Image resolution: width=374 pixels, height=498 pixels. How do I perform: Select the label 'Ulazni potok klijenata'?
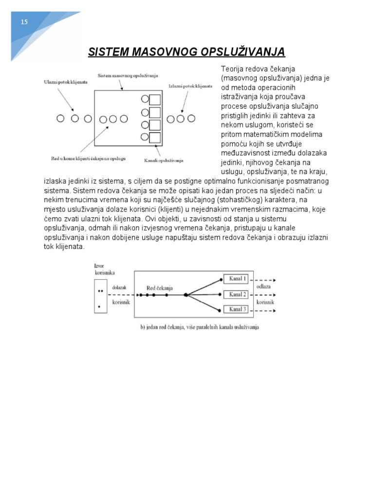tap(66, 83)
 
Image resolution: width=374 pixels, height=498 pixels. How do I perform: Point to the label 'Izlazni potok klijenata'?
tap(190, 86)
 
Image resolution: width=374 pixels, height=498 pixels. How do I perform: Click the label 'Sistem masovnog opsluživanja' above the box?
tap(124, 76)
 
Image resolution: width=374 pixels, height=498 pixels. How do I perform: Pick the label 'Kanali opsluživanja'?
tap(164, 160)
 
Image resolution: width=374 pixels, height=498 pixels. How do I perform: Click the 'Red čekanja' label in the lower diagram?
tap(160, 288)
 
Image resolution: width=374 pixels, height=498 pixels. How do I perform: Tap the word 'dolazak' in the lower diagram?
tap(119, 287)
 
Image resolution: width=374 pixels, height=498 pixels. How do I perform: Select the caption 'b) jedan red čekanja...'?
tap(200, 327)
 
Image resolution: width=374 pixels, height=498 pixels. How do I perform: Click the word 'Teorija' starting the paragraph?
tap(231, 69)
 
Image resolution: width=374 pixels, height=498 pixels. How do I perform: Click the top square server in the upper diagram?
tap(155, 100)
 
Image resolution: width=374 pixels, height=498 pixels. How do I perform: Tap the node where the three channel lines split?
tap(186, 295)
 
